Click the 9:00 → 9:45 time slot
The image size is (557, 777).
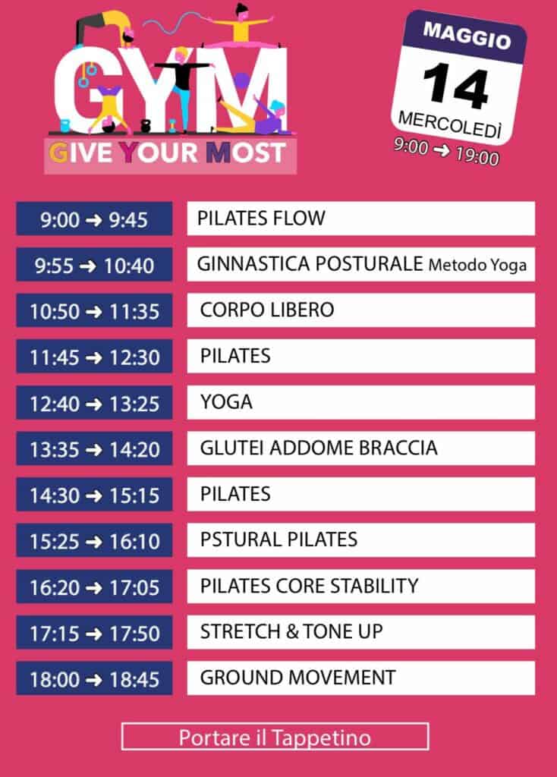(94, 219)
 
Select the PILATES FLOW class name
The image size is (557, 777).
(261, 218)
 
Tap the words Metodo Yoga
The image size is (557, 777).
(477, 265)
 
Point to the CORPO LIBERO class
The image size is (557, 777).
(267, 310)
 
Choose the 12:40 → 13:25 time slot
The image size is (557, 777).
(94, 403)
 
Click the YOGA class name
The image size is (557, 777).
(226, 402)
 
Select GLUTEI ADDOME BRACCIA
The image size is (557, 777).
(319, 448)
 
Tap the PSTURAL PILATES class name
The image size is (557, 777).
(278, 539)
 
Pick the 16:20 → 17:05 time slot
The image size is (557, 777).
(94, 587)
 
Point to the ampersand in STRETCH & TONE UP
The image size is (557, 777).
(292, 632)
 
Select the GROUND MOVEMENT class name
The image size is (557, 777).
(297, 678)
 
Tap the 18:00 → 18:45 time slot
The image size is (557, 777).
(94, 678)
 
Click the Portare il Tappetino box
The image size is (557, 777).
(275, 737)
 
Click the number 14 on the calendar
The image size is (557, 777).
(456, 87)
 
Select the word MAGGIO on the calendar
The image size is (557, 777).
(467, 36)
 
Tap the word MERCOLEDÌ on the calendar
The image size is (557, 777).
(450, 124)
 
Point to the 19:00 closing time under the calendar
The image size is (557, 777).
(477, 156)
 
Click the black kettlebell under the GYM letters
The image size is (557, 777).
(146, 127)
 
